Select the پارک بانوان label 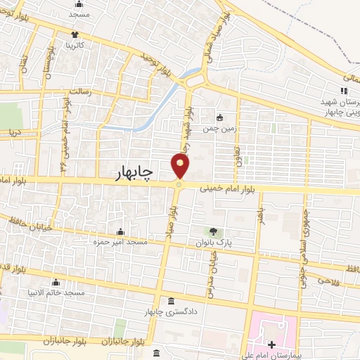pos(214,242)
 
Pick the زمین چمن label pos(220,129)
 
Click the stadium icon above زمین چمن pos(221,118)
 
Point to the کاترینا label pos(75,44)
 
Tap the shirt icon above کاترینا pos(75,34)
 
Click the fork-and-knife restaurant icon pos(344,91)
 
